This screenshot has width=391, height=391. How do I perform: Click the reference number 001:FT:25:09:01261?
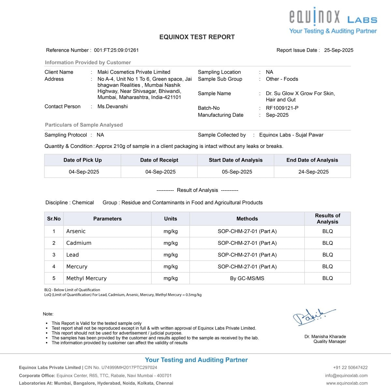(x=116, y=50)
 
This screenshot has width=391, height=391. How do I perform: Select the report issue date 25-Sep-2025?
(x=339, y=50)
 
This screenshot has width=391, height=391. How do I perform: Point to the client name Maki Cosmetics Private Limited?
(x=134, y=72)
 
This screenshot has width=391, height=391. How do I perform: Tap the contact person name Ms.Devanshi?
(x=112, y=107)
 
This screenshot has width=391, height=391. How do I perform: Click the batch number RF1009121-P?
(x=282, y=108)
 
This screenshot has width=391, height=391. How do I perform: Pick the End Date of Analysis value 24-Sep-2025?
(x=313, y=172)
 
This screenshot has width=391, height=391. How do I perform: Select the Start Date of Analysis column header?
(x=236, y=160)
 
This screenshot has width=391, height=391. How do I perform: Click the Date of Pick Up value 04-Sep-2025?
(x=84, y=172)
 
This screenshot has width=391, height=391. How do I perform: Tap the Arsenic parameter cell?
(x=76, y=231)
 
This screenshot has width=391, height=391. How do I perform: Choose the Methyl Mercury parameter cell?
(x=86, y=278)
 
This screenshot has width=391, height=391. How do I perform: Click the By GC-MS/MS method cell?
(x=247, y=278)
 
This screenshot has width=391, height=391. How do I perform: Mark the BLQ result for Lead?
(x=327, y=255)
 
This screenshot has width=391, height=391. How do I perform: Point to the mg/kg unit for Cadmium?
(x=170, y=243)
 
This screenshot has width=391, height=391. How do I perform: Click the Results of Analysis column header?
(x=327, y=219)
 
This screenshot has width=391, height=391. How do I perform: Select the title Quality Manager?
(x=330, y=341)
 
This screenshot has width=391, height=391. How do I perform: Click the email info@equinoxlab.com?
(x=346, y=375)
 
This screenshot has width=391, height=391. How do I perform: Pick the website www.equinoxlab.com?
(x=347, y=383)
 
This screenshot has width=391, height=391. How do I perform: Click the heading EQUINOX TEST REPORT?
(x=197, y=37)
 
